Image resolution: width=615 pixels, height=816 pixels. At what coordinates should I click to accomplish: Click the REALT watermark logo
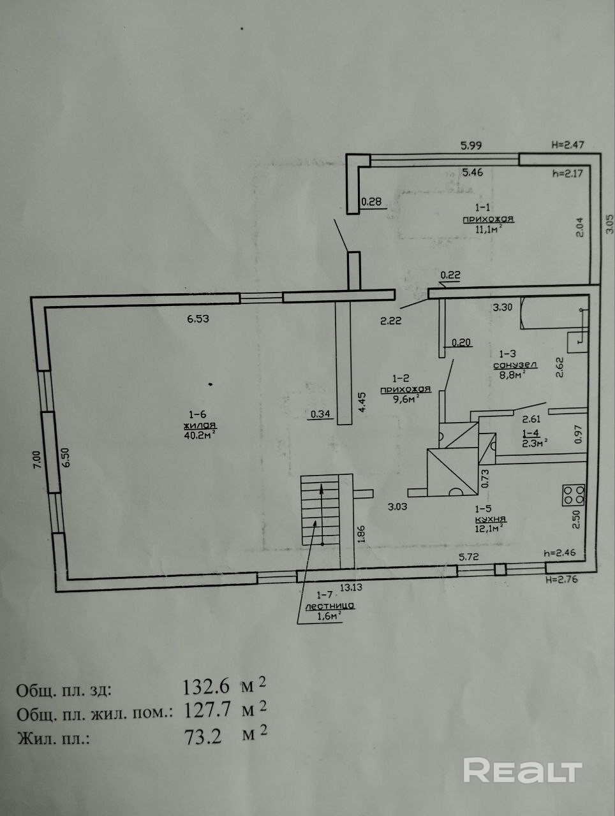(522, 771)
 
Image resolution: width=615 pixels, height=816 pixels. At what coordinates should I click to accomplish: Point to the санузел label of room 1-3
(515, 365)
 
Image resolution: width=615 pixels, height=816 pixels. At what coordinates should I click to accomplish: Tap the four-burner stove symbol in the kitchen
(574, 495)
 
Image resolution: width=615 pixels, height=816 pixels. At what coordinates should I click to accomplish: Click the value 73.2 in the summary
(203, 738)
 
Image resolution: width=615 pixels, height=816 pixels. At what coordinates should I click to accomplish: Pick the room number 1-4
(522, 432)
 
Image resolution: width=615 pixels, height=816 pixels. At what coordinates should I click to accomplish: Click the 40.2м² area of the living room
(199, 435)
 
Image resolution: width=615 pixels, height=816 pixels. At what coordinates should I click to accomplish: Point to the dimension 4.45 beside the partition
(361, 404)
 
